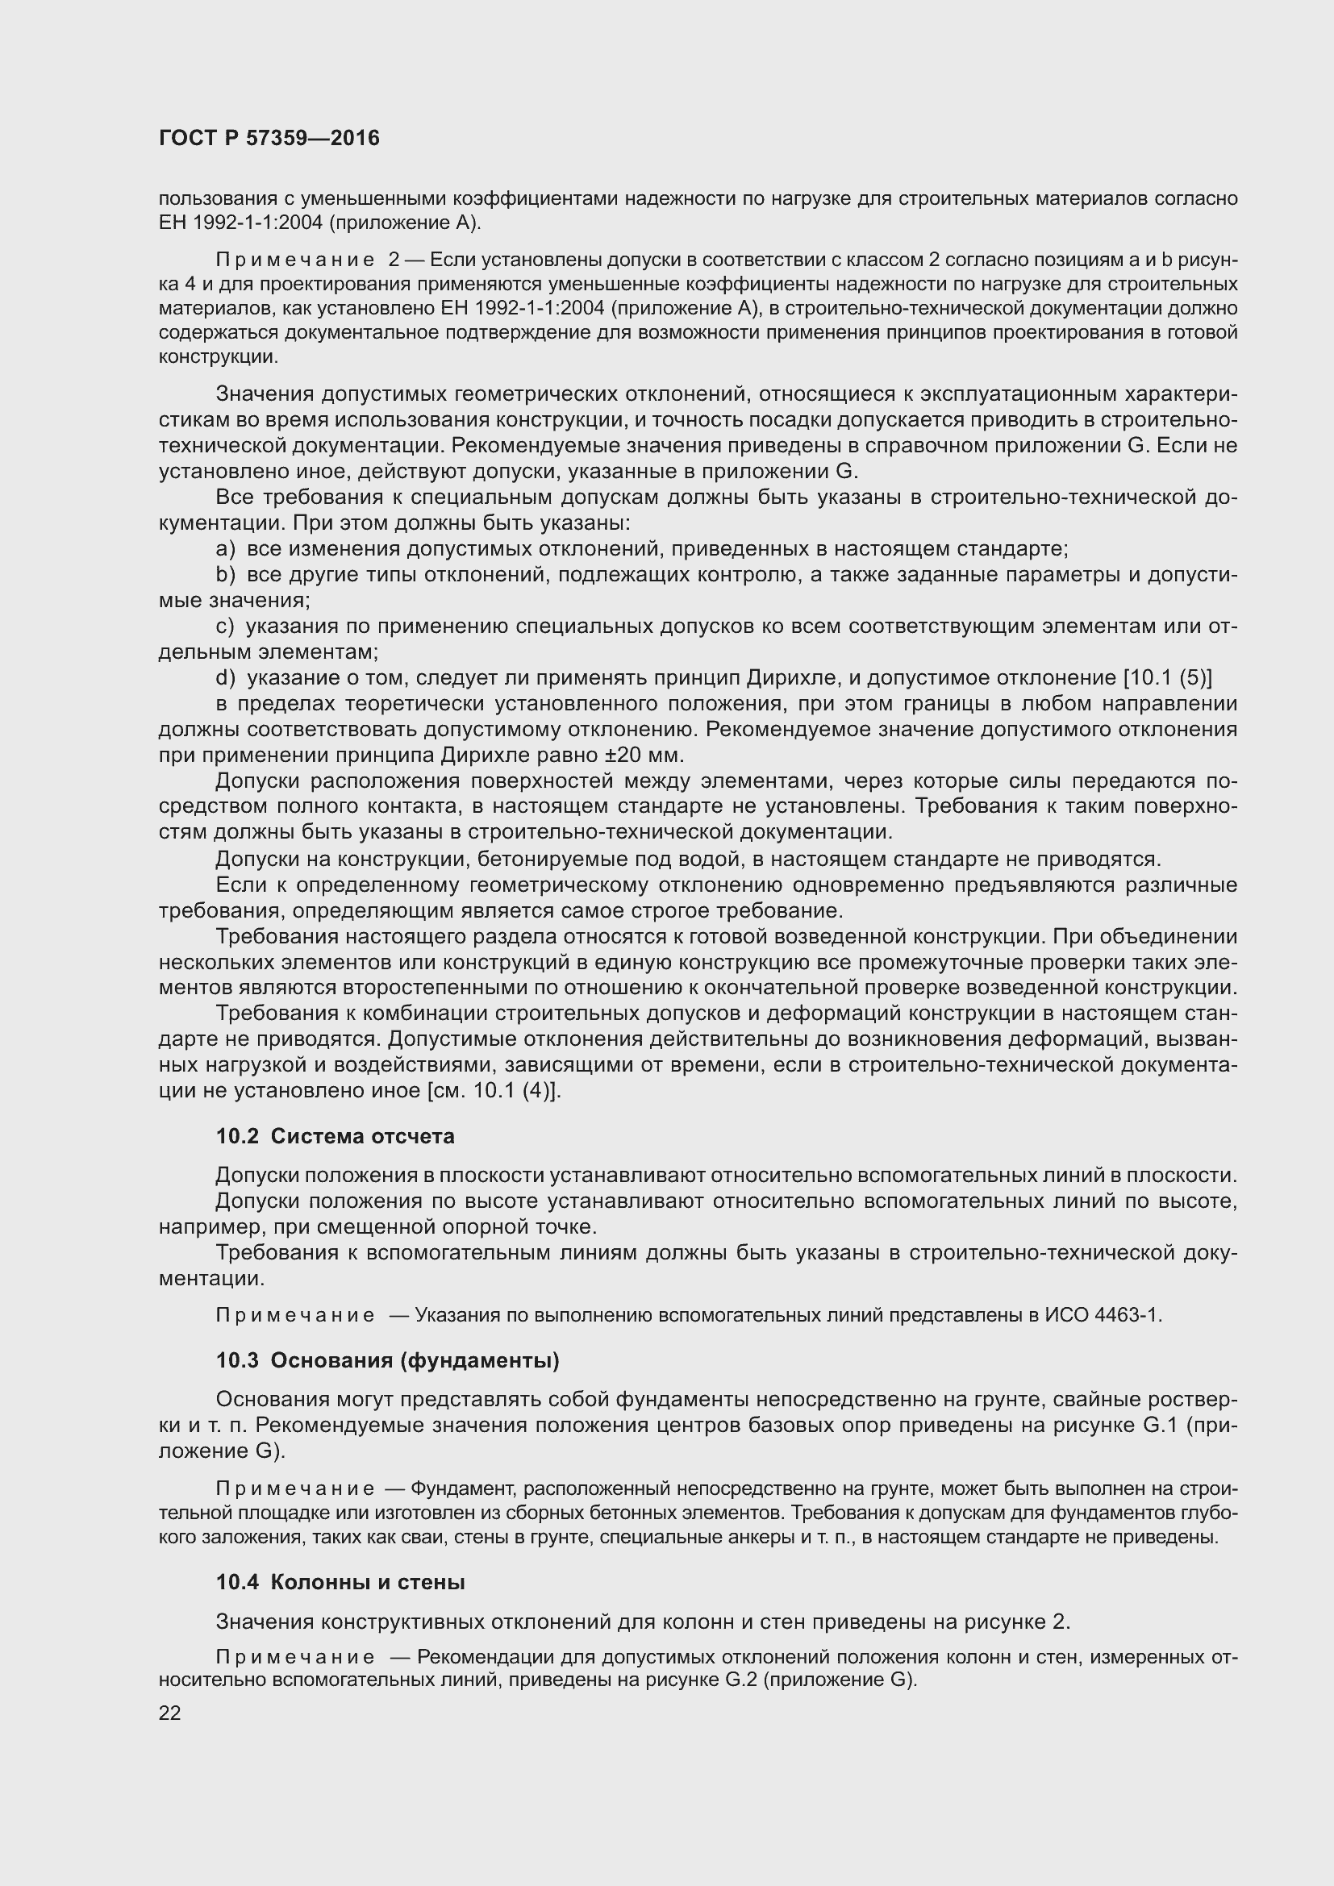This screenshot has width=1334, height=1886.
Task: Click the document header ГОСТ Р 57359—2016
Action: pyautogui.click(x=269, y=138)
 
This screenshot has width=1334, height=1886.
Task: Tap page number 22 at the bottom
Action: pyautogui.click(x=169, y=1713)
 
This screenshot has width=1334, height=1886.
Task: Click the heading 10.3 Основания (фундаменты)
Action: pyautogui.click(x=388, y=1361)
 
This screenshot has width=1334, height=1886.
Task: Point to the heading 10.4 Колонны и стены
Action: pyautogui.click(x=340, y=1582)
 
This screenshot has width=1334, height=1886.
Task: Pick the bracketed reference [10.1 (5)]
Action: pyautogui.click(x=1167, y=677)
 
